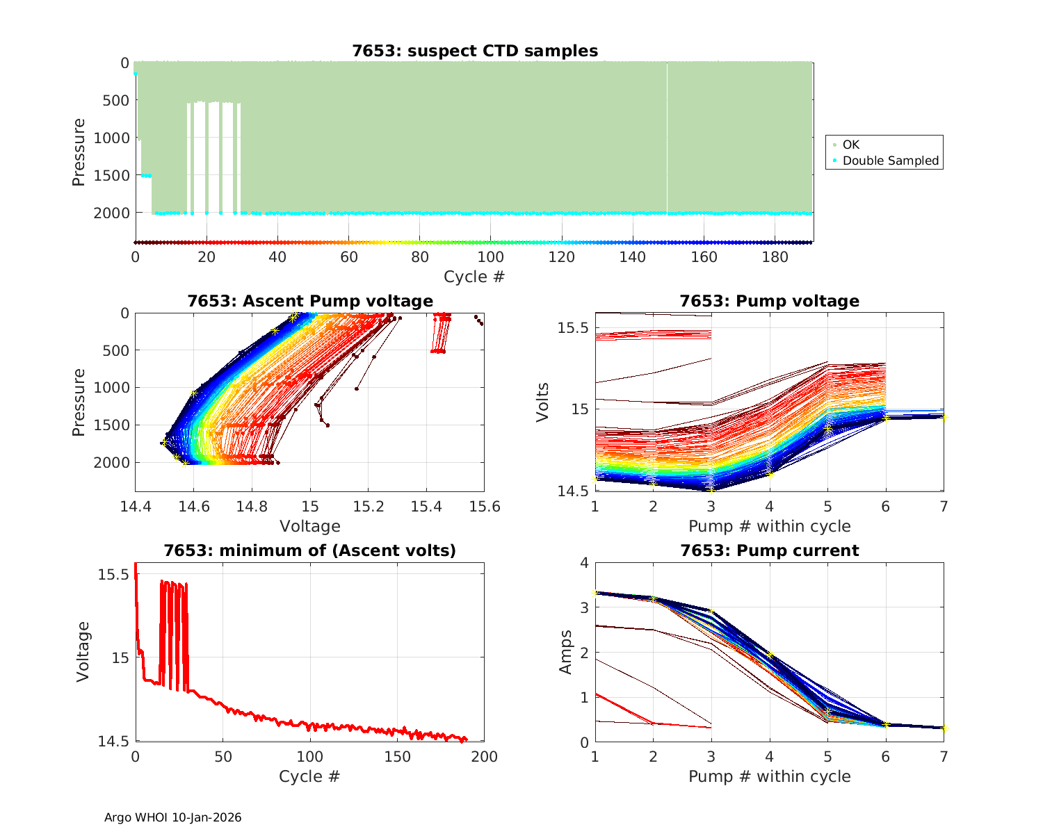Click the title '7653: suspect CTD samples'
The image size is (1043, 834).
coord(474,51)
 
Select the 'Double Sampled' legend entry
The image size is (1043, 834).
coord(890,161)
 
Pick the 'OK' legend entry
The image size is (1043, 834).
coord(850,145)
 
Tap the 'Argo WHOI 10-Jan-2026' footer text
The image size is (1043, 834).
coord(172,817)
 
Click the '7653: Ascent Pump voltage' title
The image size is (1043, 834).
coord(310,301)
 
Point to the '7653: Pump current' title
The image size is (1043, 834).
coord(769,550)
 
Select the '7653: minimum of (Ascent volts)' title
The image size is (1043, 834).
coord(310,550)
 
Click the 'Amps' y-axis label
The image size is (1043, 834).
coord(566,652)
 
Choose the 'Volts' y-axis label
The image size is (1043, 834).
coord(543,402)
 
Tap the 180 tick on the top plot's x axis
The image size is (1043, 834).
coord(775,257)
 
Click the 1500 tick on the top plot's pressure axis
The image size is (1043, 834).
coord(112,175)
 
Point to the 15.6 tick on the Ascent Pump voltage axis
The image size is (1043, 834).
coord(485,507)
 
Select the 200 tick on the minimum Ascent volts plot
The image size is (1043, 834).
coord(485,757)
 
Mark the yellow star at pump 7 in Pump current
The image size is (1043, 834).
coord(944,728)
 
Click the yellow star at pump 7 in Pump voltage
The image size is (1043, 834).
coord(944,417)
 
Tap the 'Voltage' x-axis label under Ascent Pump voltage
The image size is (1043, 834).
coord(310,526)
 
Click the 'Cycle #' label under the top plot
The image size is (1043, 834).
coord(474,277)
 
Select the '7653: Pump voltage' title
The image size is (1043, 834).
coord(769,301)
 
